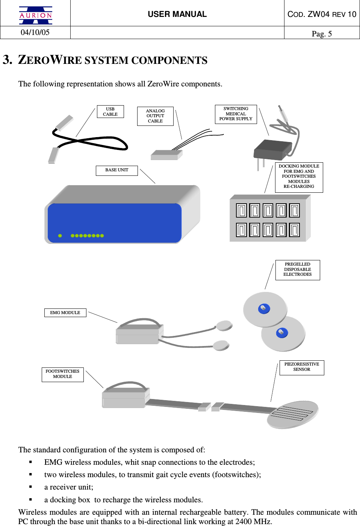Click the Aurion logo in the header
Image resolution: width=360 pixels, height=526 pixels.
[36, 15]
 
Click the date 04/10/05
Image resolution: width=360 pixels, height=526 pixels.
[35, 33]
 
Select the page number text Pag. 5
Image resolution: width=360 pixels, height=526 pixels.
[322, 34]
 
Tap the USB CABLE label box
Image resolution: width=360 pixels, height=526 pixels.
[110, 112]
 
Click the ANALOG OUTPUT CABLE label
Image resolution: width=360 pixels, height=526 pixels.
[155, 116]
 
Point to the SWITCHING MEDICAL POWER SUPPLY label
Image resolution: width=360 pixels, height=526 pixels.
[236, 114]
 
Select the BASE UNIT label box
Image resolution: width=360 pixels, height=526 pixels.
[116, 170]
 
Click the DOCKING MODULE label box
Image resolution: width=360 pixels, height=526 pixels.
[299, 177]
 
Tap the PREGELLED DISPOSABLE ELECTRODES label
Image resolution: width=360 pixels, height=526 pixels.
[297, 269]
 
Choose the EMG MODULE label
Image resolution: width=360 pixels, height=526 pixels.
[65, 313]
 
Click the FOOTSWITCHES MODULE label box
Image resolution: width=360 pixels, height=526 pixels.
[62, 374]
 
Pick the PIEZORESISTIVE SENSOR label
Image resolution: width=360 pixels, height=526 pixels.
[301, 367]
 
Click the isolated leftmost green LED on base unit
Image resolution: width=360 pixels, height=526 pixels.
[60, 236]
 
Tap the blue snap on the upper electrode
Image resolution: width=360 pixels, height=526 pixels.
[264, 308]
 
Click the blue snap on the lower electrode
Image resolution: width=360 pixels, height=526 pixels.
[281, 333]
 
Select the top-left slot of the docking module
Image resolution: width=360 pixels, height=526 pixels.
[241, 210]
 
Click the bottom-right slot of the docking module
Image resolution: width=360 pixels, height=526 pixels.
[294, 230]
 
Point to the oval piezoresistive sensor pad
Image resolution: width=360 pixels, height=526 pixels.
[293, 414]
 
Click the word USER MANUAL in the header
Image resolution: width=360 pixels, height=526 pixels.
[177, 14]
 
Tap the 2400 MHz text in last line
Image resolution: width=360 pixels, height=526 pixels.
[254, 521]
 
